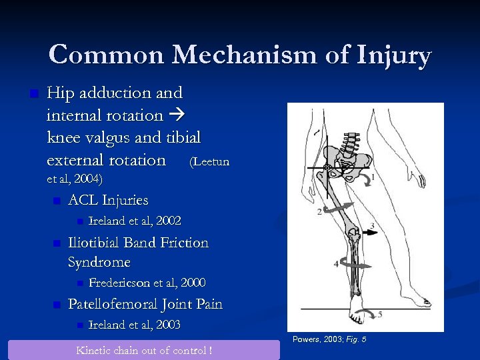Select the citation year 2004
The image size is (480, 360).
[x=88, y=179]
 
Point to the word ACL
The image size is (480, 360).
[x=83, y=200]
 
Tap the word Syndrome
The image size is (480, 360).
[x=99, y=262]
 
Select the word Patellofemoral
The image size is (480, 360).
[x=113, y=305]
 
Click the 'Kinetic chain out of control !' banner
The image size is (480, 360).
[x=144, y=350]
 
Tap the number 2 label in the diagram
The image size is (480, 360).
[x=319, y=211]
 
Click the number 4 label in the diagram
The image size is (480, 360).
[x=336, y=264]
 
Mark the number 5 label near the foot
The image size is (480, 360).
[x=380, y=314]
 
